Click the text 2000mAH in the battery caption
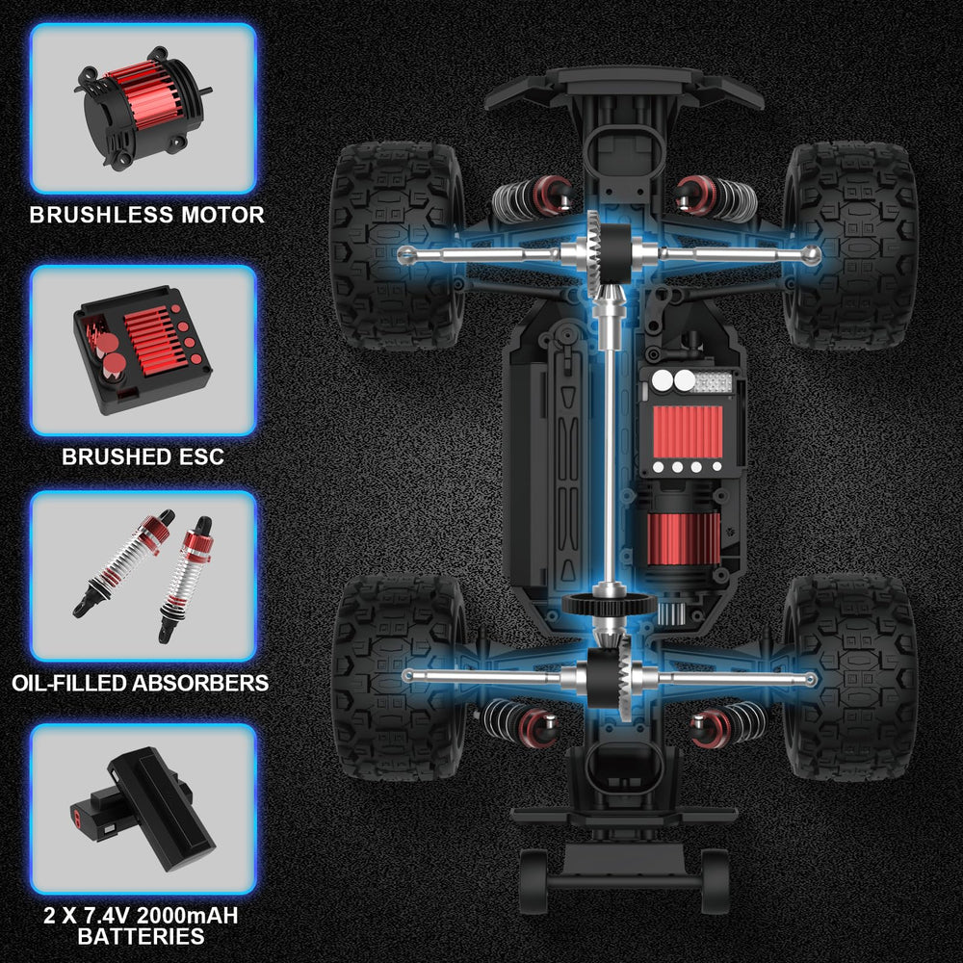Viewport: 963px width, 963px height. pos(187,916)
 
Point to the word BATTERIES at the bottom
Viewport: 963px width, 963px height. pos(142,936)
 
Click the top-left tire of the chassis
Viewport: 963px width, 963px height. pos(398,246)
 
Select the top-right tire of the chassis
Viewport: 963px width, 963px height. pos(850,246)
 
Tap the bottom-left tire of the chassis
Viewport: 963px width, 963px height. pos(399,677)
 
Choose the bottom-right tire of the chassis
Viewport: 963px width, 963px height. pos(850,677)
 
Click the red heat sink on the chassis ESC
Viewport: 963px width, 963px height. pos(688,431)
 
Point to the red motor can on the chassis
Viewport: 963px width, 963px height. pos(683,538)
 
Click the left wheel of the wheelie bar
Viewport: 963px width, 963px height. pos(534,881)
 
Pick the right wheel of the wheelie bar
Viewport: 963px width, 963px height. pos(715,881)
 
